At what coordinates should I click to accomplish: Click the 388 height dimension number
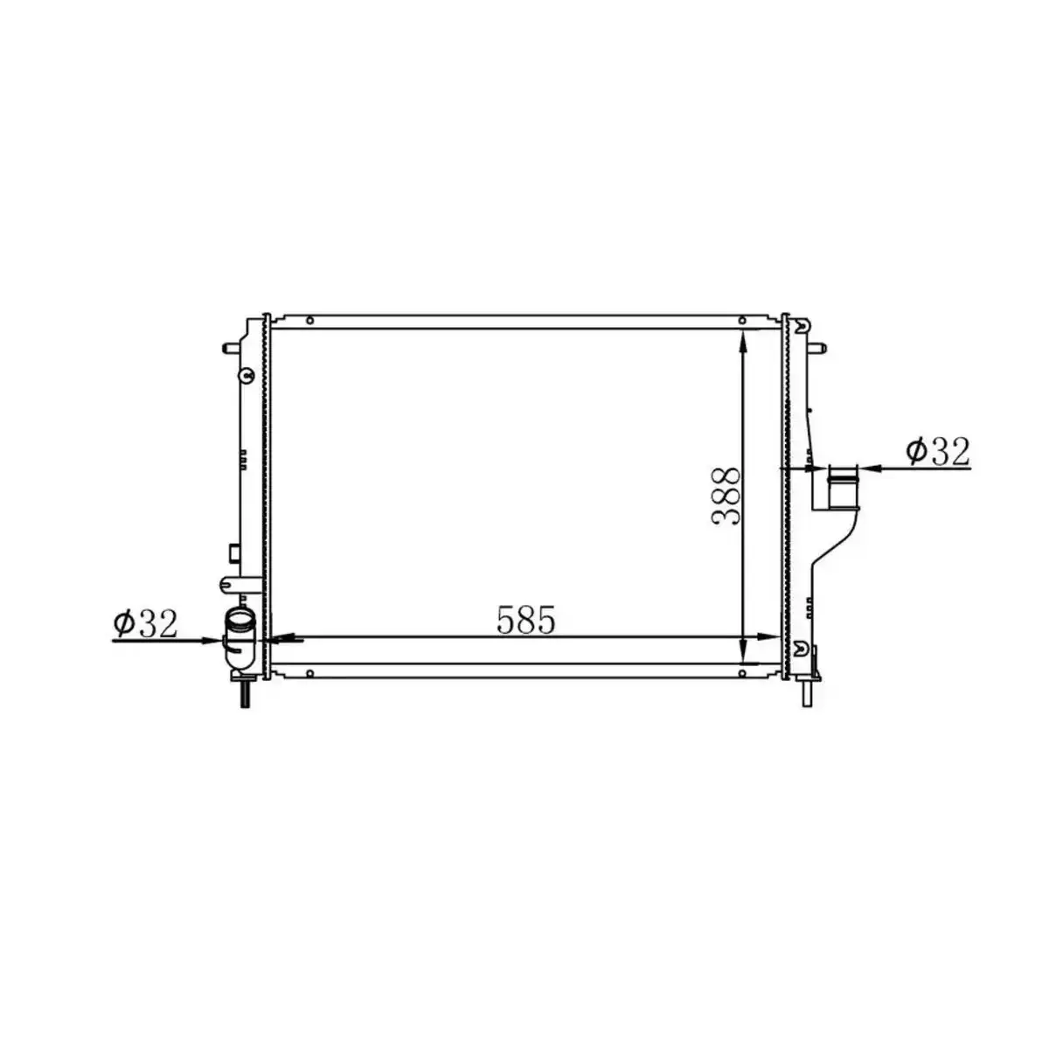tap(726, 496)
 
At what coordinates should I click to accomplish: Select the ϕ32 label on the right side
tap(938, 451)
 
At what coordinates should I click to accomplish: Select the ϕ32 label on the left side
tap(145, 623)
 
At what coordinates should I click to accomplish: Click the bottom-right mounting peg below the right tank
tap(805, 693)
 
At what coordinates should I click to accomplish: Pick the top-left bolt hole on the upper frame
tap(309, 320)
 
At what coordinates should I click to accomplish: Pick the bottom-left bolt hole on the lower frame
tap(309, 672)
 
